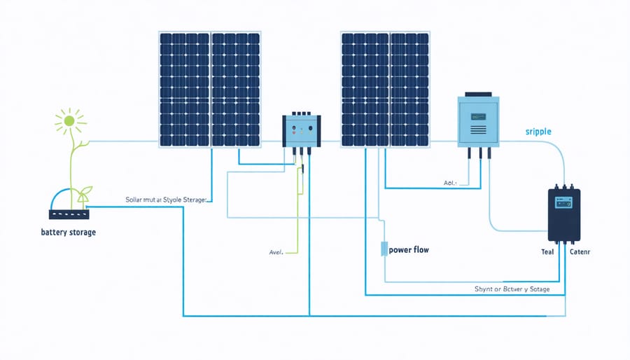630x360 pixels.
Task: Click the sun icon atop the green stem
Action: click(69, 120)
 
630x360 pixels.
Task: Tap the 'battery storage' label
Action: click(69, 232)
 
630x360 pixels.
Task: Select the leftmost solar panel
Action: click(183, 88)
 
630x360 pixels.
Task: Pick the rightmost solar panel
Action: click(409, 88)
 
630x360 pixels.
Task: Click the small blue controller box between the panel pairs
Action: click(301, 131)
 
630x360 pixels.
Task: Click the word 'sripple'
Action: click(539, 132)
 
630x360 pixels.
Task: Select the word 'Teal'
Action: click(547, 252)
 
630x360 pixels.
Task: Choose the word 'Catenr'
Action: click(580, 252)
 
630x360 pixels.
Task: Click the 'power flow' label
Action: click(409, 249)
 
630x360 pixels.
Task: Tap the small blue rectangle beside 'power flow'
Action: click(384, 249)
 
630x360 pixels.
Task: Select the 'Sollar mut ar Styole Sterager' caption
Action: click(166, 200)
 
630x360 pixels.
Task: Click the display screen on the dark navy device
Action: click(563, 202)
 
